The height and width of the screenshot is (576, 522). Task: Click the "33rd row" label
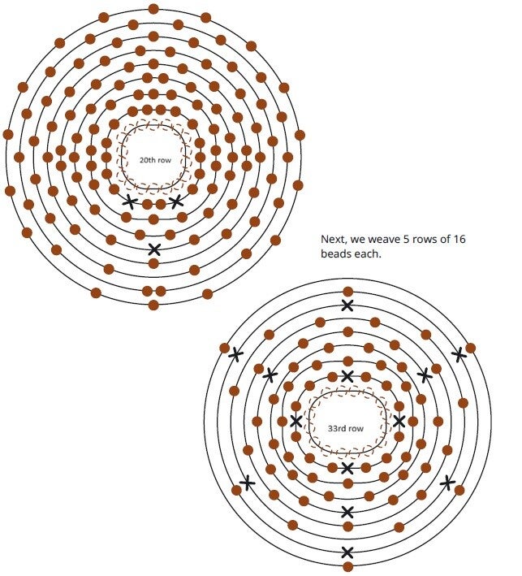tap(346, 428)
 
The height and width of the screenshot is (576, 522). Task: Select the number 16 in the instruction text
tap(457, 240)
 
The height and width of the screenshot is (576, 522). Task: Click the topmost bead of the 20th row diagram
tap(154, 9)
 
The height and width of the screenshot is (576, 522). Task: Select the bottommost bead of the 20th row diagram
tap(154, 305)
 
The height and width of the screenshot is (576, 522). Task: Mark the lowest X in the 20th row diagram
tap(154, 249)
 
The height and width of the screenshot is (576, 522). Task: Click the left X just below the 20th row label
tap(129, 201)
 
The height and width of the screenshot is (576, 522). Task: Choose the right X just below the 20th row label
tap(176, 201)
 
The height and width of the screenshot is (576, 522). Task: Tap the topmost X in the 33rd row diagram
tap(347, 305)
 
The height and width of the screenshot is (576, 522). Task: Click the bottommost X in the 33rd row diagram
tap(347, 552)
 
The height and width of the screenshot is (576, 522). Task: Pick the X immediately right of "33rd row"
tap(399, 421)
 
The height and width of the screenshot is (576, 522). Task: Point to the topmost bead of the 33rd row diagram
tap(347, 292)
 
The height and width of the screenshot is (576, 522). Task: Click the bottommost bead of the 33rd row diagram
tap(347, 566)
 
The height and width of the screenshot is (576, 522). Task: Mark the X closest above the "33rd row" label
tap(347, 376)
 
